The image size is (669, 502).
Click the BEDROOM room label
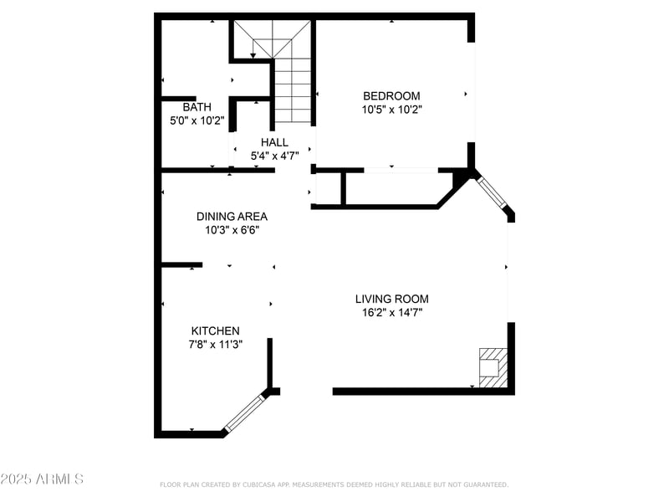(391, 96)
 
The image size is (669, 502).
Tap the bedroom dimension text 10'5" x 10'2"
(391, 110)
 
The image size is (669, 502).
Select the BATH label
(197, 107)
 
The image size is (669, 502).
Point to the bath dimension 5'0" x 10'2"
(197, 120)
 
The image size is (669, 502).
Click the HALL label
(273, 142)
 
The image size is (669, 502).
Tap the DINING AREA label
(232, 216)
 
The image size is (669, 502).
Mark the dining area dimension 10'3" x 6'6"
(232, 230)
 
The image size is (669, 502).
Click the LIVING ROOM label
(391, 299)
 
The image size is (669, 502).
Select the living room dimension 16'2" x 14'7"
(391, 313)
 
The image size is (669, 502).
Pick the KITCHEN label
(215, 330)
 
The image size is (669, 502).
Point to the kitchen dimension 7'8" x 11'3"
(215, 344)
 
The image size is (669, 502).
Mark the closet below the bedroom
(389, 188)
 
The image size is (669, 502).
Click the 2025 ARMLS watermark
(42, 479)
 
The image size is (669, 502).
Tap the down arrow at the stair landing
(253, 55)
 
